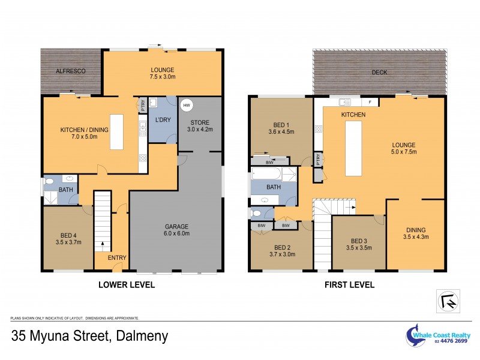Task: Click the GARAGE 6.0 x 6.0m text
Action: (x=178, y=230)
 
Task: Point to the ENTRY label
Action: (x=117, y=258)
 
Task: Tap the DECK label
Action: (x=379, y=73)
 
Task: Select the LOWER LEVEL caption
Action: (x=126, y=285)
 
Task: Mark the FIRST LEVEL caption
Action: (x=350, y=285)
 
